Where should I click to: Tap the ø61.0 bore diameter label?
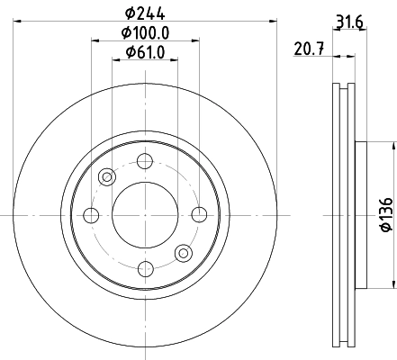coord(144,53)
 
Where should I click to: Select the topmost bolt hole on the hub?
coord(144,162)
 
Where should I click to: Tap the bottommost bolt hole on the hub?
coord(144,267)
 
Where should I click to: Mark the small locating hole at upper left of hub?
coord(107,176)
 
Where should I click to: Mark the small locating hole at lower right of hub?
coord(182,252)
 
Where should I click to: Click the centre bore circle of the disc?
coord(144,214)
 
